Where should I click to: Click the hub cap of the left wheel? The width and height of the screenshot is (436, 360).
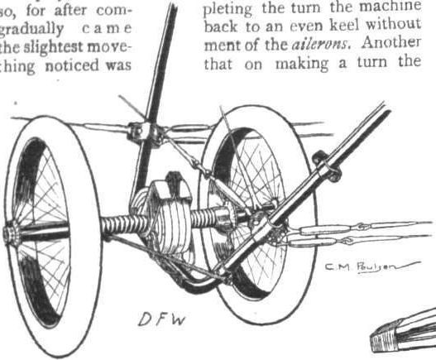(x=10, y=235)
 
